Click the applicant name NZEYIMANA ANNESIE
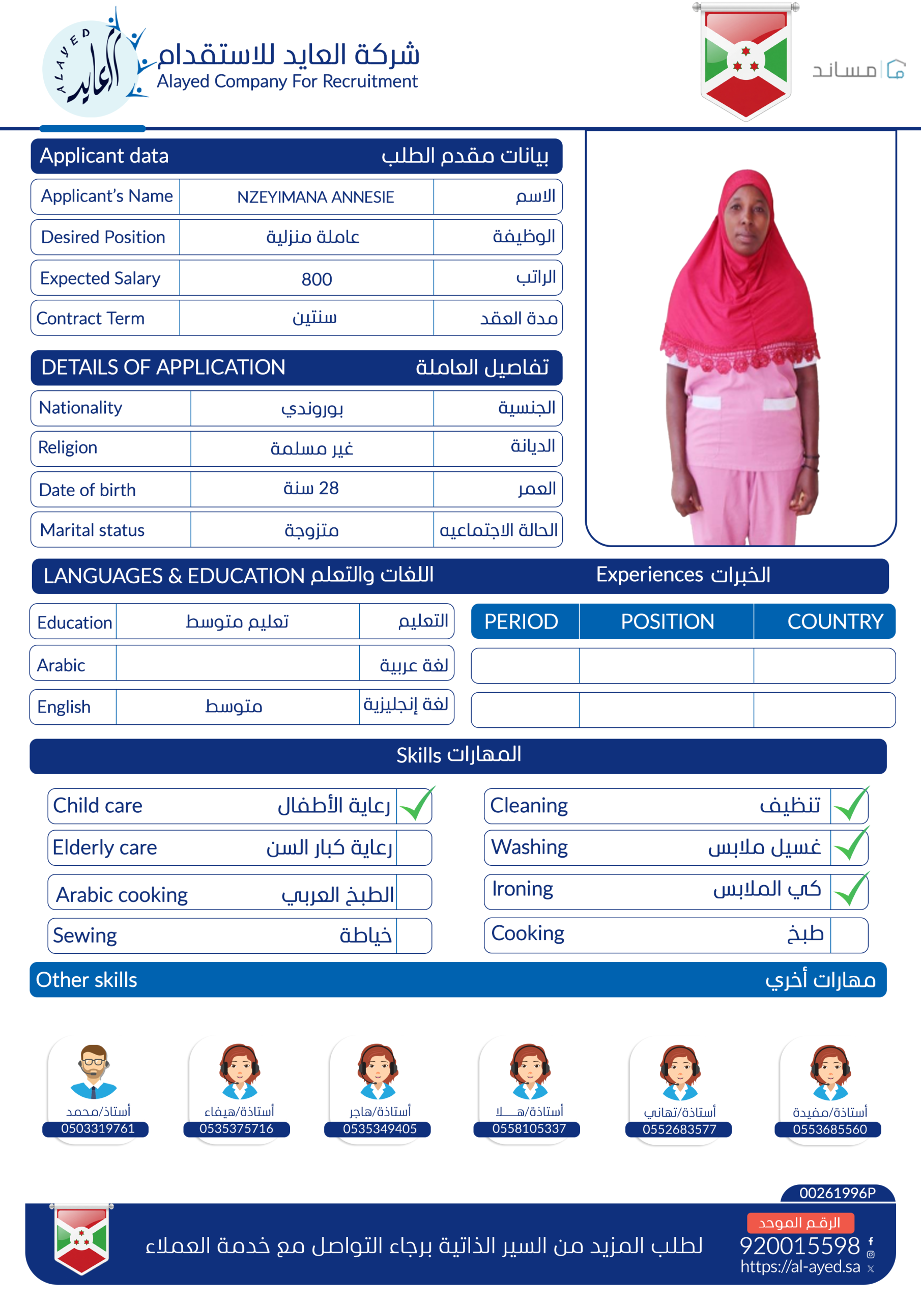315,197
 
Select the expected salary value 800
316,278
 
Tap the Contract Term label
90,319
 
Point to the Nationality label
80,408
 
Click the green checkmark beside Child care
416,805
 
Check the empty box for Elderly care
414,848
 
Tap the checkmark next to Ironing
851,890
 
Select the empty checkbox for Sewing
414,935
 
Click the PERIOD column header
521,621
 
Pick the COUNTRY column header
834,621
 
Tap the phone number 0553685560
829,1129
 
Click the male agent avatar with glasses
94,1070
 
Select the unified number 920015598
799,1245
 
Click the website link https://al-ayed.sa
800,1266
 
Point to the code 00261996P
837,1193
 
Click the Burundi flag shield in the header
745,61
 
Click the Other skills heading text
87,979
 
